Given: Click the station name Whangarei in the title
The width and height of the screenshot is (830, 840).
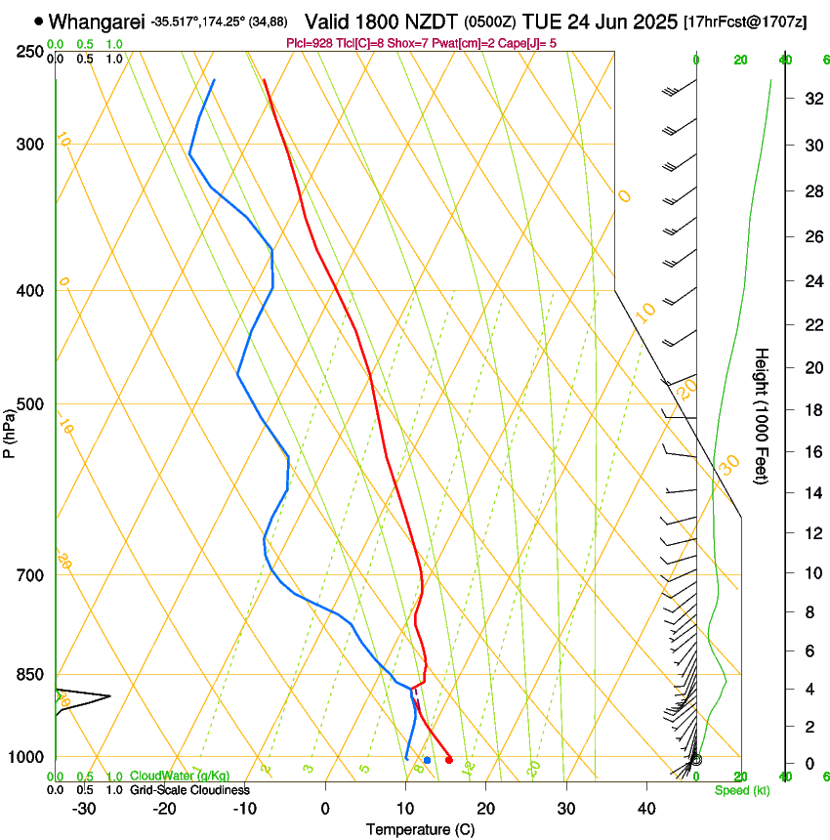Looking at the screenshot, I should pyautogui.click(x=98, y=21).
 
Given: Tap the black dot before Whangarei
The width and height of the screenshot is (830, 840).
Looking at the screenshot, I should pyautogui.click(x=38, y=21).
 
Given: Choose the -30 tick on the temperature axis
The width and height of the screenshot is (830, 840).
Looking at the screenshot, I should pyautogui.click(x=84, y=808).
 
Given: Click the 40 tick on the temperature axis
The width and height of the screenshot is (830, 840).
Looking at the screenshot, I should pyautogui.click(x=646, y=808).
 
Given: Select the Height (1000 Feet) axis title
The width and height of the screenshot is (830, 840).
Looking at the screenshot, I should pyautogui.click(x=763, y=415).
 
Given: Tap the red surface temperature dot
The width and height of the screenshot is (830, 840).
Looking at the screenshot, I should pyautogui.click(x=449, y=759).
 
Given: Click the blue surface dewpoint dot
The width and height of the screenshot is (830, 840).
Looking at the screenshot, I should pyautogui.click(x=427, y=759).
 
